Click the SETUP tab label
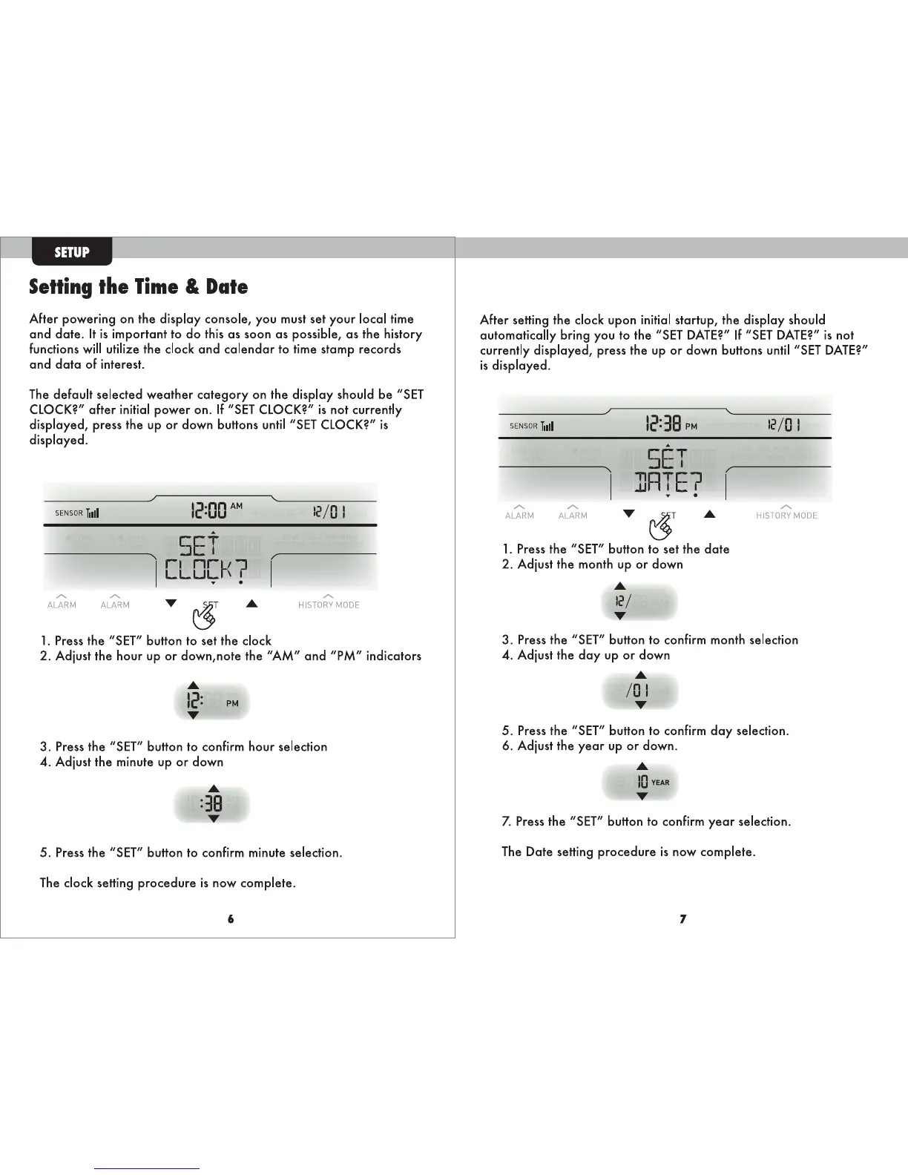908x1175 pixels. [x=72, y=252]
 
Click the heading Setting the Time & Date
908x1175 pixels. [x=138, y=287]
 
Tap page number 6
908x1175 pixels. [x=231, y=919]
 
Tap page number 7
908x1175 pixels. [x=682, y=919]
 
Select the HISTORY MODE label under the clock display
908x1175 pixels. [x=329, y=605]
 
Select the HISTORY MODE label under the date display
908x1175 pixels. [x=786, y=515]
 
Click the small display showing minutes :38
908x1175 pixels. [x=212, y=804]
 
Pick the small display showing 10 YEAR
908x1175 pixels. [x=641, y=782]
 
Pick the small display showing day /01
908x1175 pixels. [x=639, y=691]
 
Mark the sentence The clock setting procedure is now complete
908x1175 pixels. [x=168, y=883]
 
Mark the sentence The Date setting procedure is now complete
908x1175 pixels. [x=628, y=852]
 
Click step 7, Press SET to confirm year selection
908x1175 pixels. [x=646, y=821]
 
